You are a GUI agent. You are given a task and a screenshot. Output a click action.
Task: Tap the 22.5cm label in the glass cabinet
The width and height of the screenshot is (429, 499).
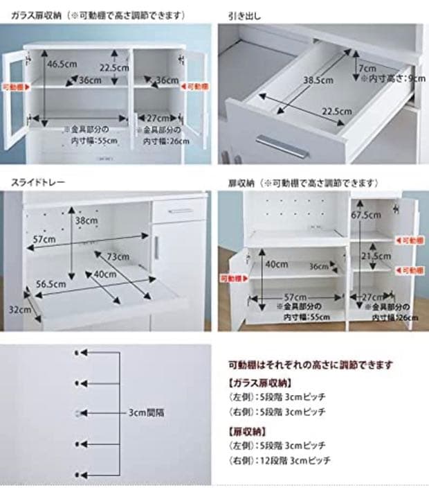tap(114, 68)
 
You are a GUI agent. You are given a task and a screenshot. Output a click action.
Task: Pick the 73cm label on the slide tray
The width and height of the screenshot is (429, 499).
tap(118, 256)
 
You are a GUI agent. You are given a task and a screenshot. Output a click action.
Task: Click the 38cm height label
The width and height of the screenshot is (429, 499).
tap(87, 222)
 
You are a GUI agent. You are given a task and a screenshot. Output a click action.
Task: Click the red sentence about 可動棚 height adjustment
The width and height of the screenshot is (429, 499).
tap(311, 364)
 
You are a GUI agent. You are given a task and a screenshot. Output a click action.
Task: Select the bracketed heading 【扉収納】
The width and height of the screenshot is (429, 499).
tap(246, 430)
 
